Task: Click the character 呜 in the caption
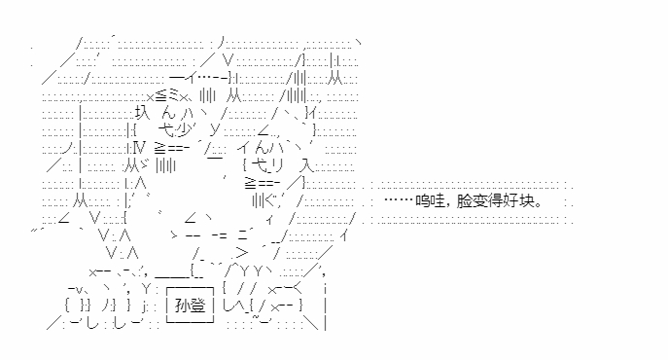[423, 200]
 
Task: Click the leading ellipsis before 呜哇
[400, 199]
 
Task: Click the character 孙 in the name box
[183, 306]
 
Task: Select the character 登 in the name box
[198, 306]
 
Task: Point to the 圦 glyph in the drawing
[142, 112]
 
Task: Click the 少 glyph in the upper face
[186, 129]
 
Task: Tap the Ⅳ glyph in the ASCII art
[139, 148]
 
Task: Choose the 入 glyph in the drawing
[306, 165]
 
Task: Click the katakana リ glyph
[277, 165]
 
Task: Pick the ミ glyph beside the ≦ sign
[174, 96]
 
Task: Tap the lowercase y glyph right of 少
[215, 128]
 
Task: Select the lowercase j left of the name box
[144, 306]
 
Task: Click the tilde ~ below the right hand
[255, 315]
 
